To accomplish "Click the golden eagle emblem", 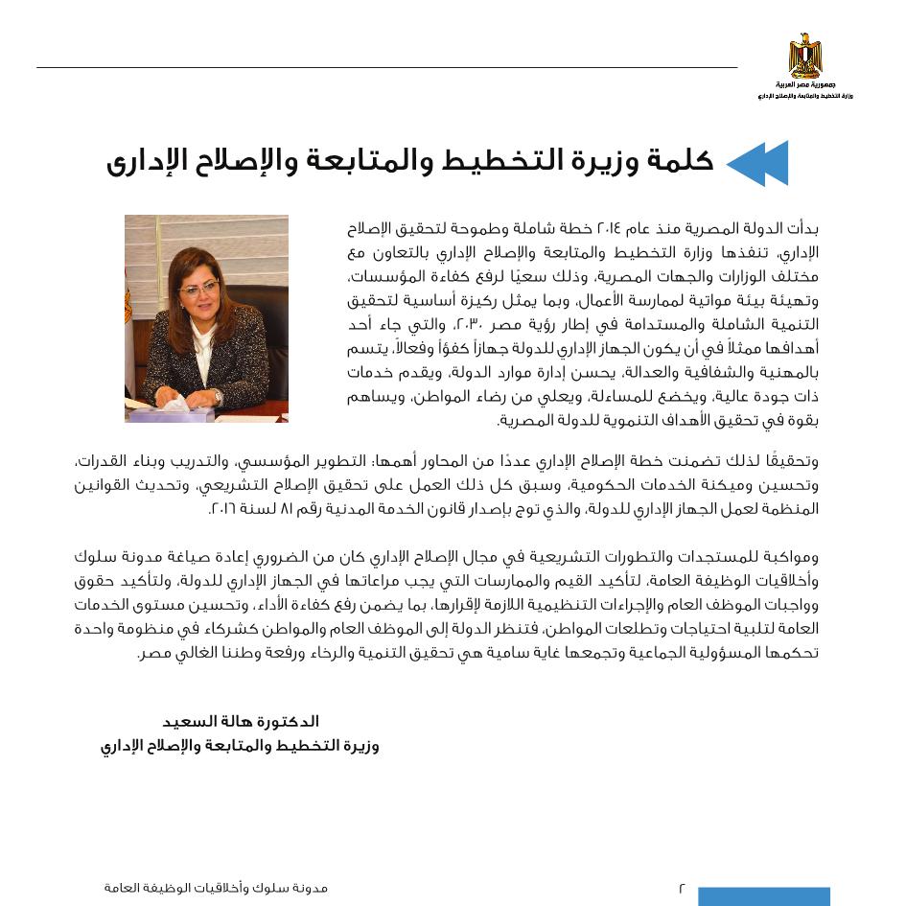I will (805, 55).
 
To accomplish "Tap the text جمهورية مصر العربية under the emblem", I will (805, 85).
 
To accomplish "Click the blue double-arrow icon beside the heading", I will (757, 163).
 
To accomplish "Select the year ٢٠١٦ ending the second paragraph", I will (223, 508).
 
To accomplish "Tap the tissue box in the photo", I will (173, 410).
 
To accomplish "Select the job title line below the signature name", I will (240, 746).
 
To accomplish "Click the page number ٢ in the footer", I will (682, 888).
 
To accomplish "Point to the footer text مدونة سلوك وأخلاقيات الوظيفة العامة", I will (216, 888).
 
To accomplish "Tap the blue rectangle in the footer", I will (763, 896).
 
